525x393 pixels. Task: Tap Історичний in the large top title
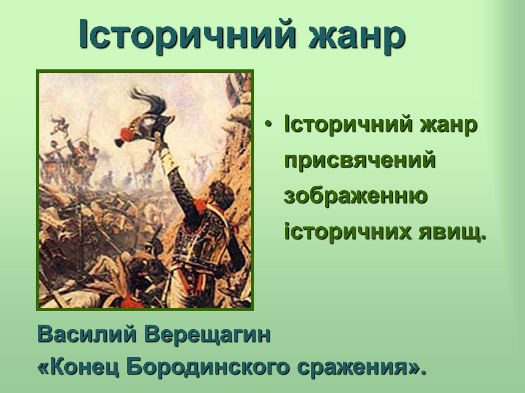(x=187, y=33)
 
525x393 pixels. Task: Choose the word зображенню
(x=355, y=195)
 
